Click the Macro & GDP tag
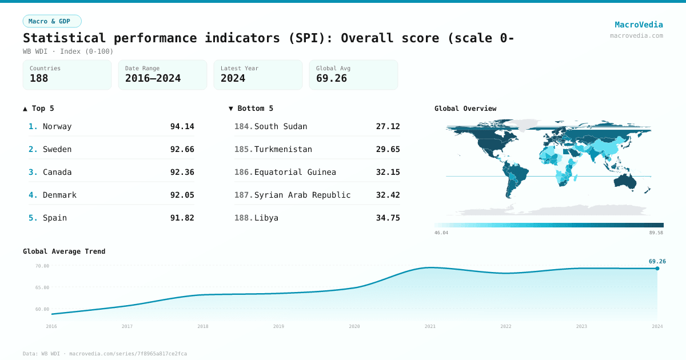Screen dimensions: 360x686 coord(52,21)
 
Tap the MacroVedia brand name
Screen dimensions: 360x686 coord(639,25)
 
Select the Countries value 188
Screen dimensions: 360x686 coord(39,78)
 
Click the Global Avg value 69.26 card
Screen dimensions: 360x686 coord(353,75)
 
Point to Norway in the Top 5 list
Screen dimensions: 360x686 coord(57,126)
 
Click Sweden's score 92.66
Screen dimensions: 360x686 coord(182,149)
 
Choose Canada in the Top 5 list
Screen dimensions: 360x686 coord(57,172)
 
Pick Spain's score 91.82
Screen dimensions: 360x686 coord(182,218)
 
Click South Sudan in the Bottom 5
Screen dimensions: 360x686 coord(280,126)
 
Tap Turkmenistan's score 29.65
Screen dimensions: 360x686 coord(388,149)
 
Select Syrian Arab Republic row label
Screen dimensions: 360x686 coord(302,195)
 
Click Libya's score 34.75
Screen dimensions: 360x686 coord(388,218)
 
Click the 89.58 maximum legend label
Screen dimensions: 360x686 coord(656,233)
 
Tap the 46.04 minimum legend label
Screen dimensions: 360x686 coord(441,233)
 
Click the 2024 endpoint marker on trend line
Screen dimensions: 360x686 coord(657,268)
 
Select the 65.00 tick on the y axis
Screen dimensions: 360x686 coord(42,287)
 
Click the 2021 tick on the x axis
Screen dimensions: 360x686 coord(430,326)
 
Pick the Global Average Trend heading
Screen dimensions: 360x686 coord(64,251)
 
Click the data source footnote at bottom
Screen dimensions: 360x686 coord(105,354)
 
